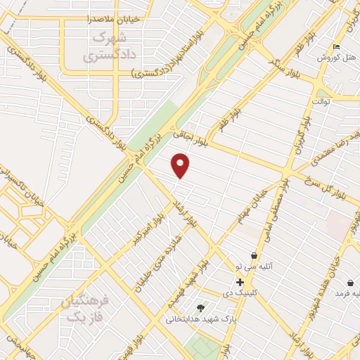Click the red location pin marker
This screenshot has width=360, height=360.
[181, 165]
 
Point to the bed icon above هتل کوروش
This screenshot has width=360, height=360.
[335, 46]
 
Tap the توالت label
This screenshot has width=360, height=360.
[321, 101]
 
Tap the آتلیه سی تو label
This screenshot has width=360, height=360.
[252, 267]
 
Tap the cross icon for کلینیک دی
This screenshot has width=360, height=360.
[240, 282]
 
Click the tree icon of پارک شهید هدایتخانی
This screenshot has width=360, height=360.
[200, 307]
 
